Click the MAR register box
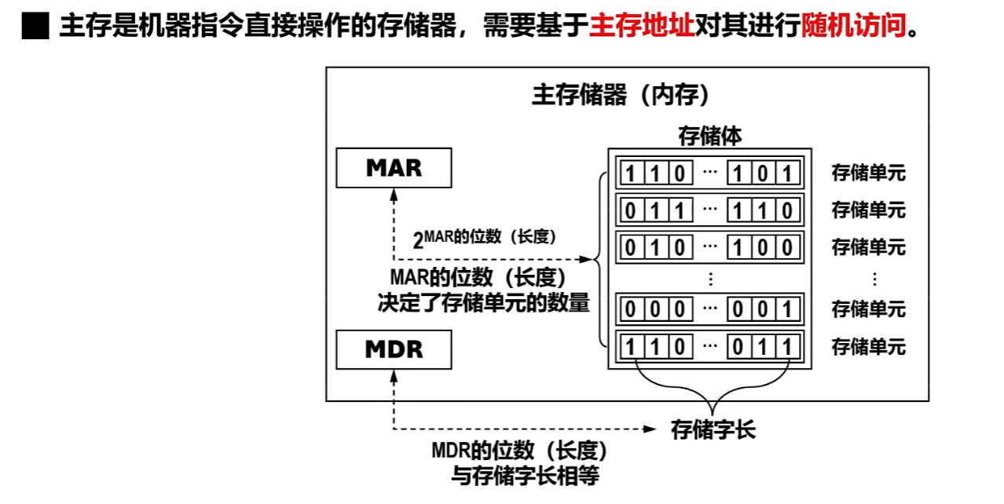pos(394,168)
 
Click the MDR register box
pos(394,349)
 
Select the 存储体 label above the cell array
pos(709,136)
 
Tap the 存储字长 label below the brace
pos(713,429)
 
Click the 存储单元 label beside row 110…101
pos(868,173)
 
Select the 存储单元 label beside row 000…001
pos(868,309)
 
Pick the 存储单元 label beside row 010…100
pos(868,247)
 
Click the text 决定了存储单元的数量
pos(483,303)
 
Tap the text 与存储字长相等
pos(519,475)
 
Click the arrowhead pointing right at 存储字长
pos(650,429)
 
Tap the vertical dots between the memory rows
pos(710,278)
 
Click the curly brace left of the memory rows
pos(602,259)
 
